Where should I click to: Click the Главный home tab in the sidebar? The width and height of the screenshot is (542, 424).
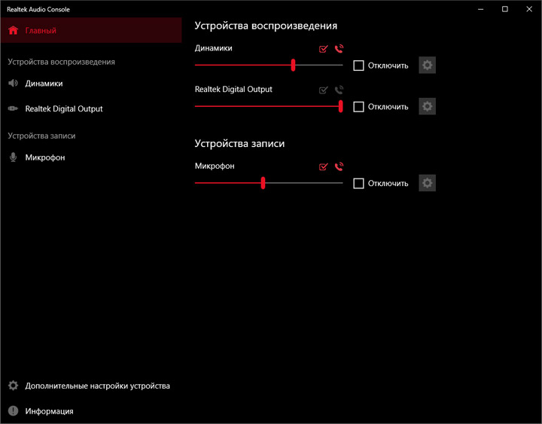tap(91, 30)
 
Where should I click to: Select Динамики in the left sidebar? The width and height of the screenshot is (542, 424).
tap(44, 84)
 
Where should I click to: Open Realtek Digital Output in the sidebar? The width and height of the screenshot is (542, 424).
tap(64, 108)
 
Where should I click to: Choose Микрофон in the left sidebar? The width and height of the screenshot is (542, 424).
tap(45, 157)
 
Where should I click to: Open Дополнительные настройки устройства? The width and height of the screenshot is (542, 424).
tap(97, 386)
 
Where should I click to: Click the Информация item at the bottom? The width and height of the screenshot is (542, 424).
tap(49, 411)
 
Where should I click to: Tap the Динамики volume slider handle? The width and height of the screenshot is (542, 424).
tap(293, 65)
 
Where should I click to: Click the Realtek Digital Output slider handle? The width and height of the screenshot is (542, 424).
tap(341, 106)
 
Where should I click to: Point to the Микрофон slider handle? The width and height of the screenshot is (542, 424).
tap(263, 183)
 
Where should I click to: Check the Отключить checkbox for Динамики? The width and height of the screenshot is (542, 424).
tap(358, 66)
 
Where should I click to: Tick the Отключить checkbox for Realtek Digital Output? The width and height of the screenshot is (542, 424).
tap(358, 106)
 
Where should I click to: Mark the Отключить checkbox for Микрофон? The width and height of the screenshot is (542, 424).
tap(358, 183)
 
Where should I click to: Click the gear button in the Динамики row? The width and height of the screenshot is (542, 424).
tap(428, 65)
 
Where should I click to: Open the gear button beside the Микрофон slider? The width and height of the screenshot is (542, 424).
tap(428, 183)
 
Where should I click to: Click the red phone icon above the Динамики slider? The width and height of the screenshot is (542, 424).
tap(339, 49)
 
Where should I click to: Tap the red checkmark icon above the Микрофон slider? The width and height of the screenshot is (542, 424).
tap(323, 166)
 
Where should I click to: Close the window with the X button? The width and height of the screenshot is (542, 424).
tap(529, 9)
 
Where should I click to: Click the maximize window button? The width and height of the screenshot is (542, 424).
tap(505, 9)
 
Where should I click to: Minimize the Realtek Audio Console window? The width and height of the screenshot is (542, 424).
tap(481, 9)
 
